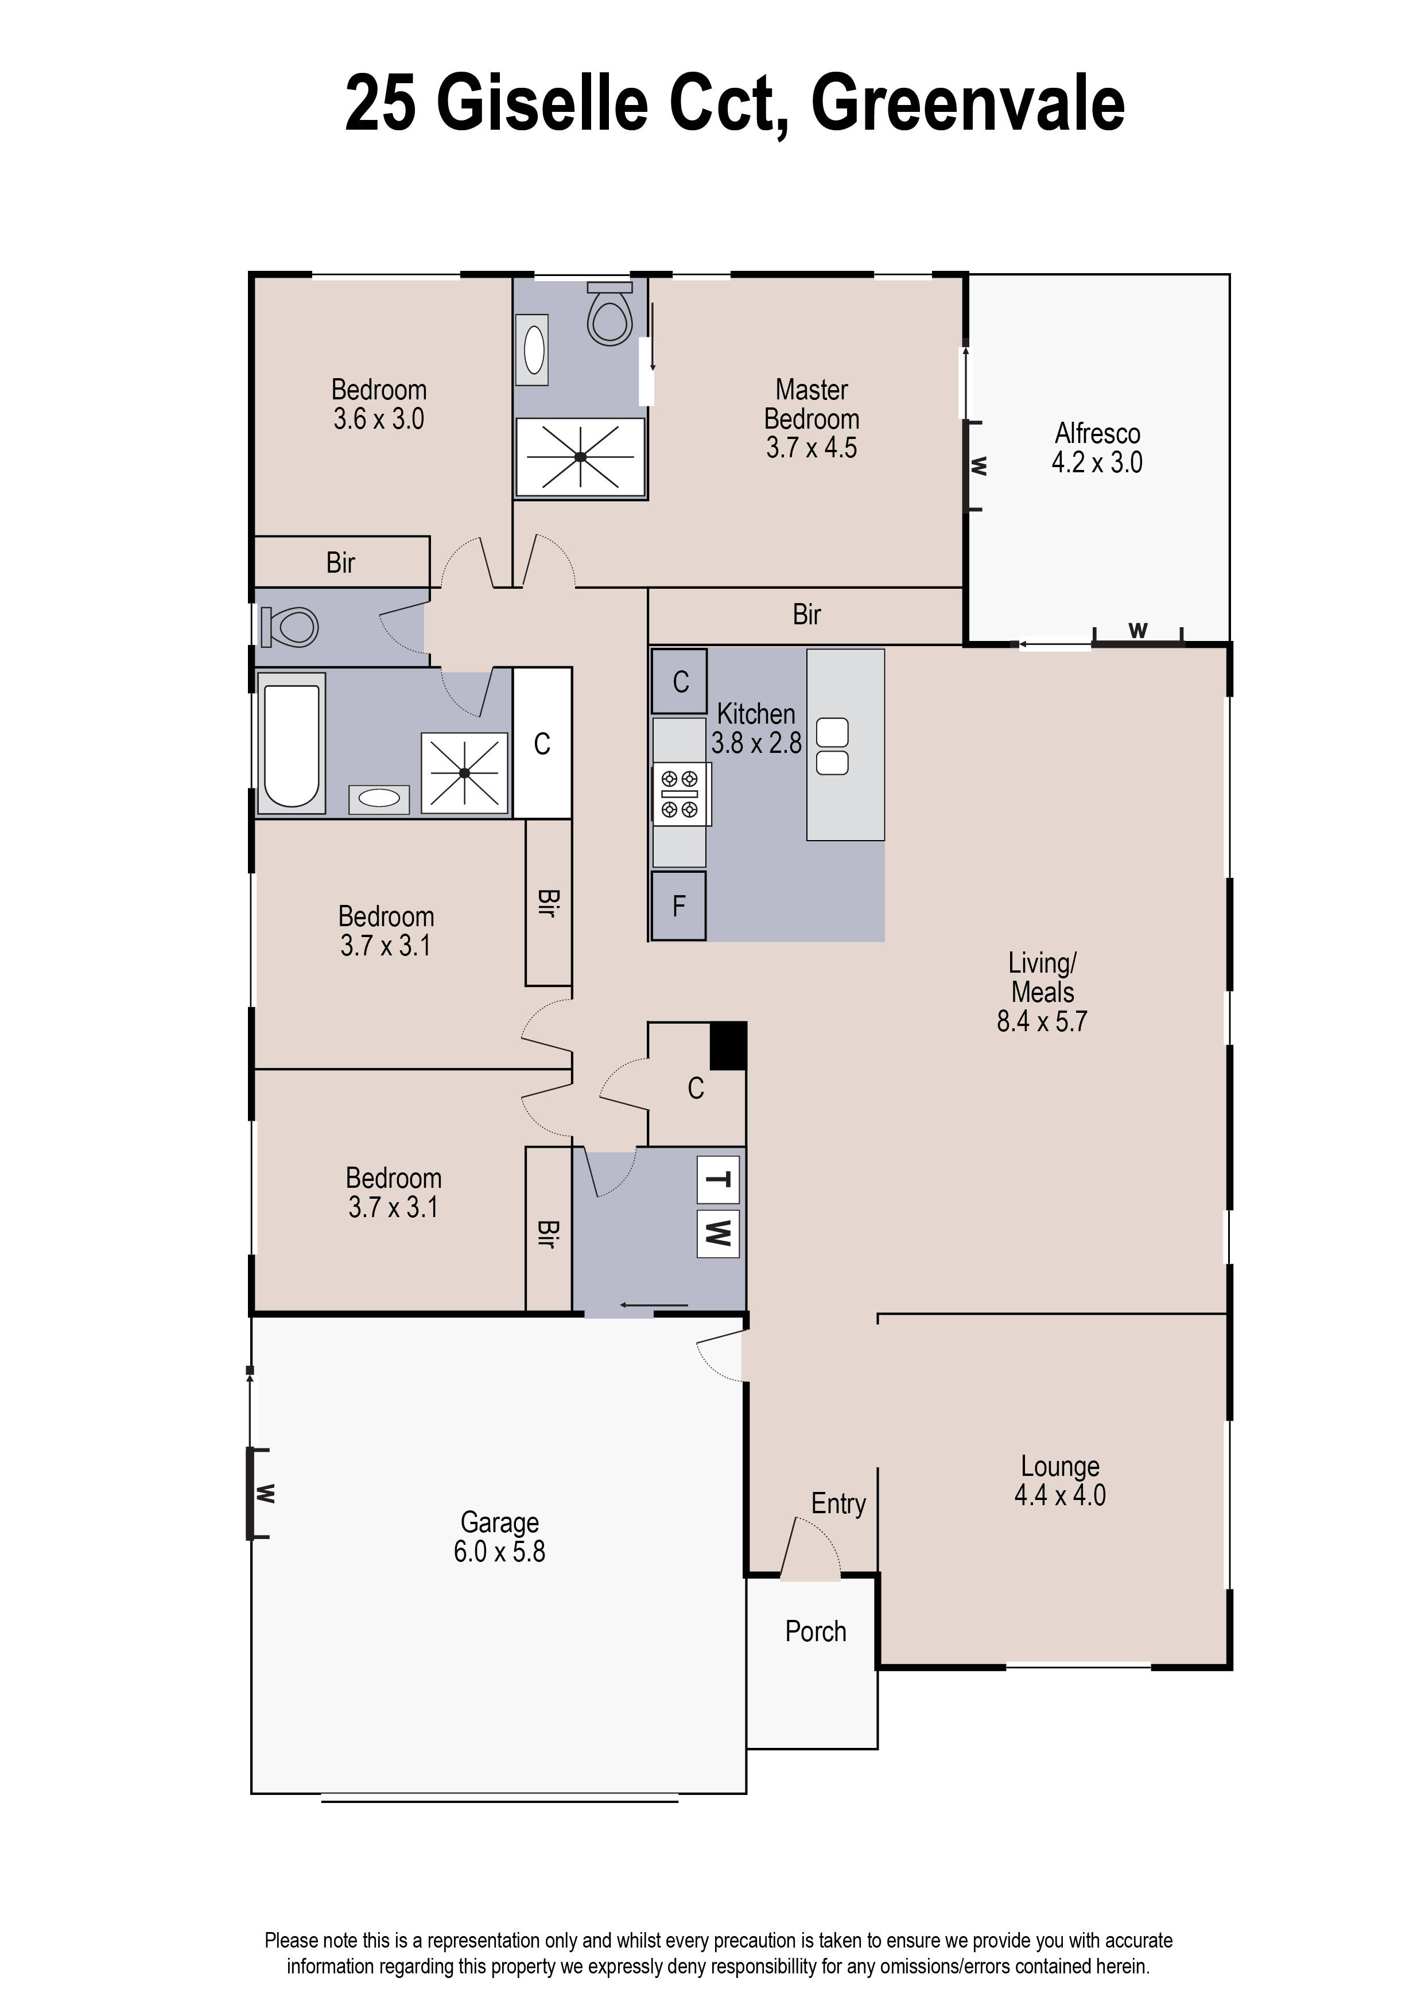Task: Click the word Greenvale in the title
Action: [x=967, y=103]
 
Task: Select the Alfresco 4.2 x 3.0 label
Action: [x=1097, y=448]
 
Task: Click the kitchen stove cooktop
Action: [x=680, y=793]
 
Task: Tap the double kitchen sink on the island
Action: [x=832, y=747]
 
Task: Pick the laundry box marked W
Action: [x=718, y=1233]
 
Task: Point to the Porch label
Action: [x=815, y=1631]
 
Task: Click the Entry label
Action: [x=838, y=1503]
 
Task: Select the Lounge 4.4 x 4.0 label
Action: [x=1060, y=1480]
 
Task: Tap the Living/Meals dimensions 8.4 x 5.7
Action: [x=1042, y=1021]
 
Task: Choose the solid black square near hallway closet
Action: [x=727, y=1046]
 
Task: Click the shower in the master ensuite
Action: [x=580, y=457]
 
